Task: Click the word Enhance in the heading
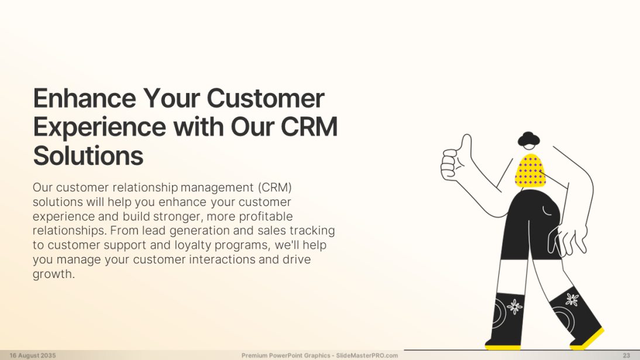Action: (x=84, y=98)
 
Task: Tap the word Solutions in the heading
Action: (x=88, y=156)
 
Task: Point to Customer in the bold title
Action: (x=266, y=98)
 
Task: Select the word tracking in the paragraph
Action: (x=312, y=231)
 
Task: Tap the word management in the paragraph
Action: (x=217, y=188)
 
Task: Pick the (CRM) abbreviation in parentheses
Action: (x=275, y=187)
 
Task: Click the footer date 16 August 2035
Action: (x=33, y=355)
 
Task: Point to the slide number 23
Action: (x=627, y=355)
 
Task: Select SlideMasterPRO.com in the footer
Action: (x=367, y=355)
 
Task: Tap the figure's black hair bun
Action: (x=529, y=139)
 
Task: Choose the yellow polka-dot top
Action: (x=530, y=170)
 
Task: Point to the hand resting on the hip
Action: (x=567, y=241)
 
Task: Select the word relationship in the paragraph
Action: (x=145, y=188)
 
